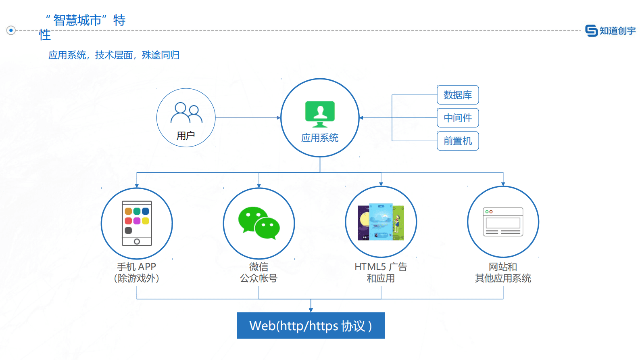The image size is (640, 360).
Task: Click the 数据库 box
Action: pos(458,95)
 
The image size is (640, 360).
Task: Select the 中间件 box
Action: pos(458,118)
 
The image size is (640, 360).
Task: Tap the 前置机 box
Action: pos(458,141)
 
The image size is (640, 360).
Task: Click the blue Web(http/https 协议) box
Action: pos(311,325)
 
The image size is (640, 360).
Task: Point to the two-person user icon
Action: pos(186,113)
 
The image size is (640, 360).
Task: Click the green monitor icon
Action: pos(320,114)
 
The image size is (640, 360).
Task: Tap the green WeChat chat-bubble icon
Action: pos(259,223)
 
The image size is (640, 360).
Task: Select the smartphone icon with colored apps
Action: pos(137,223)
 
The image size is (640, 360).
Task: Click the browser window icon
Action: pos(503,222)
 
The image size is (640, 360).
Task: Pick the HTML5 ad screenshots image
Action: pos(381,222)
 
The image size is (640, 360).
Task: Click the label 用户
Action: pos(186,136)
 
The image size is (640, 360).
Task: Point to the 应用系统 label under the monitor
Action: pos(320,138)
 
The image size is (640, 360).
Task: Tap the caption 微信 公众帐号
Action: pos(259,272)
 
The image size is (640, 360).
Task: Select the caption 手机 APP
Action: pos(137,267)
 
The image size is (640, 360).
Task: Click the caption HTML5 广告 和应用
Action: pos(381,272)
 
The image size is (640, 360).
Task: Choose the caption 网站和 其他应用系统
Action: pos(503,272)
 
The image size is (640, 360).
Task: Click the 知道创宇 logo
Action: pos(610,31)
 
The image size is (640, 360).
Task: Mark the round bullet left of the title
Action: pos(11,30)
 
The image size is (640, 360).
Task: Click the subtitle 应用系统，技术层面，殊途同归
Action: pos(114,55)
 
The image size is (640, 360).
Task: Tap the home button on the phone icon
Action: pos(137,242)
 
